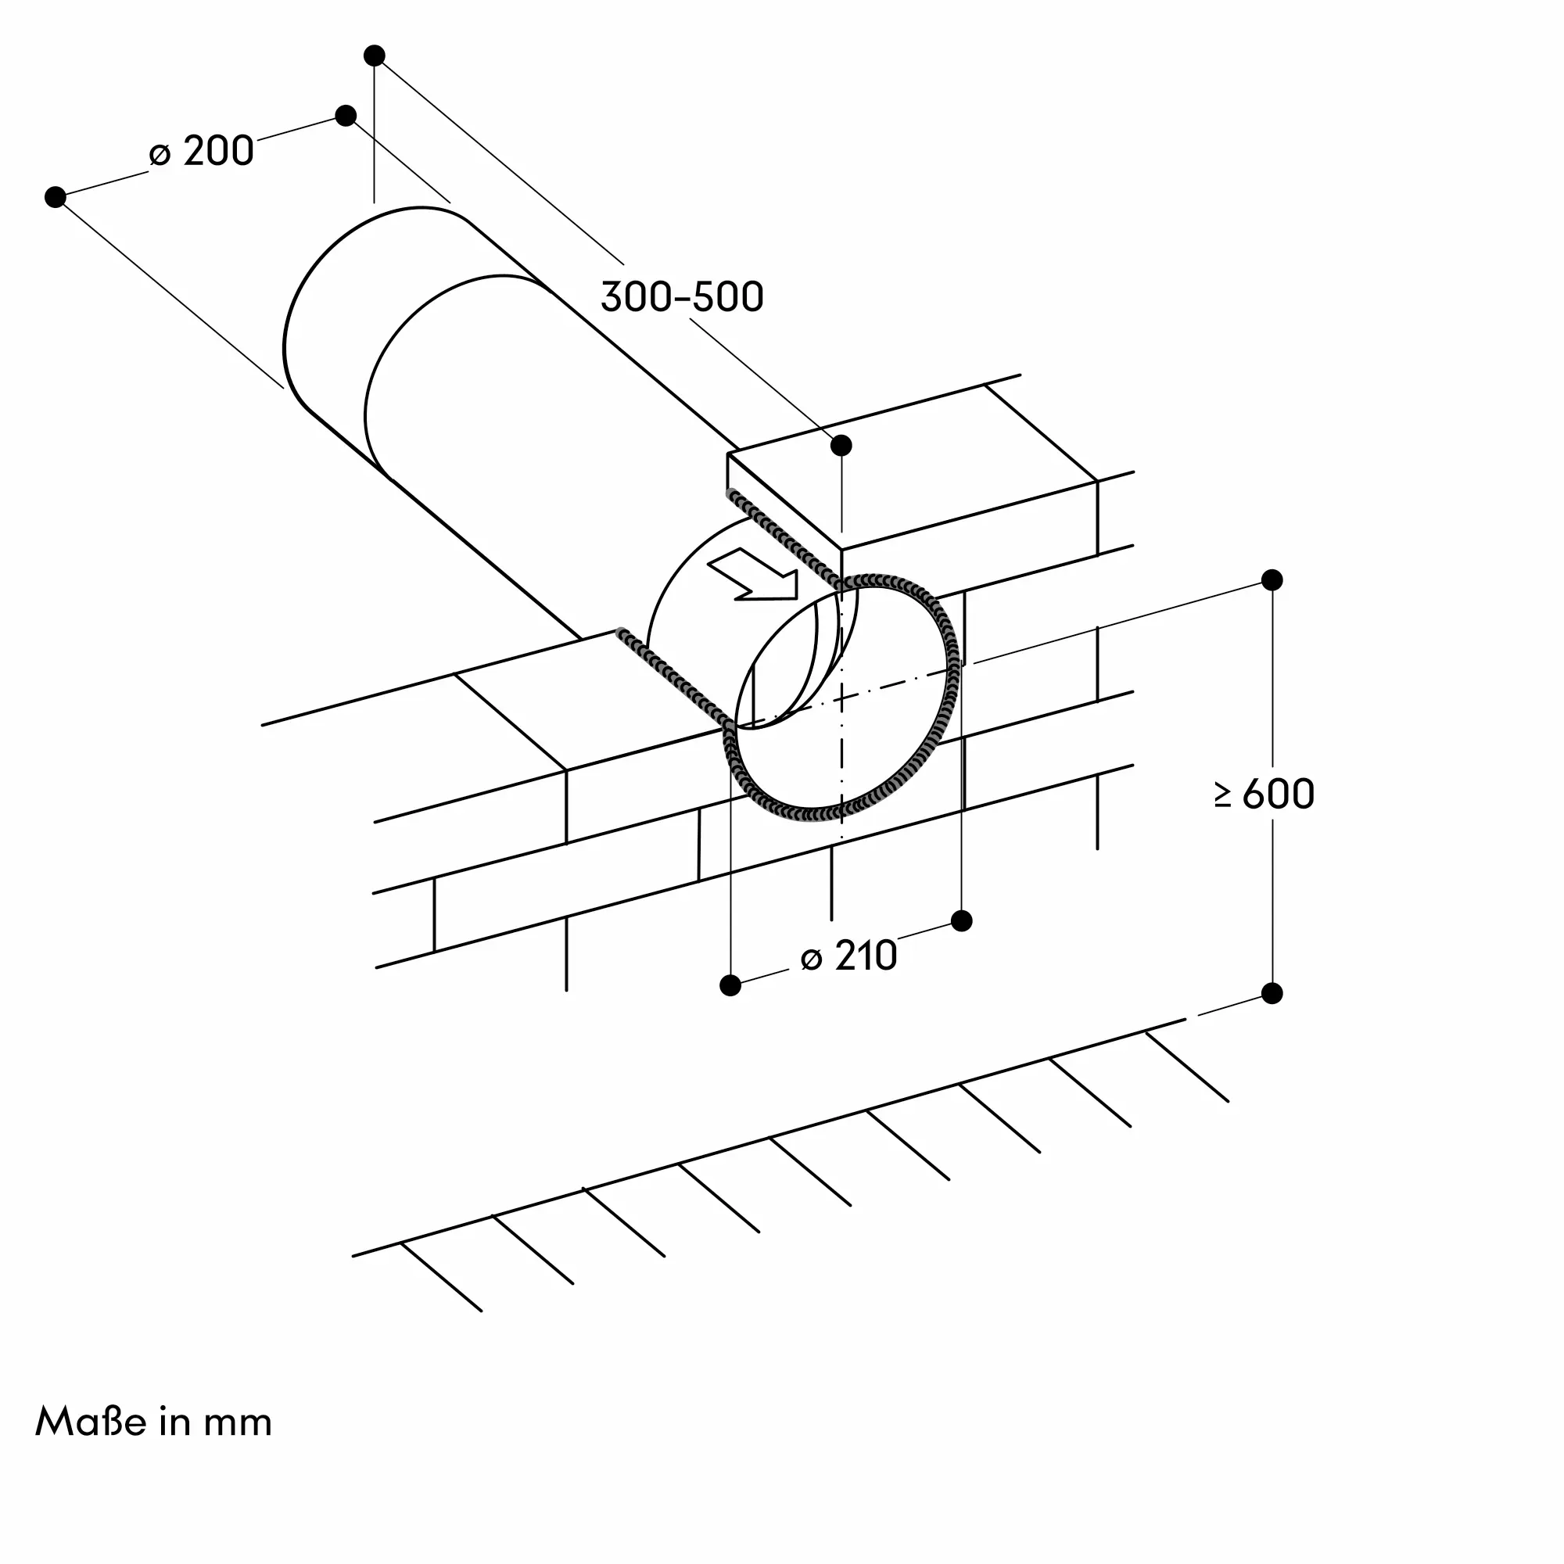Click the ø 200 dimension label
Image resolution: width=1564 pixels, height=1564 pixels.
[202, 152]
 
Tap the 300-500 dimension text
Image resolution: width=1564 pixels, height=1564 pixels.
[683, 297]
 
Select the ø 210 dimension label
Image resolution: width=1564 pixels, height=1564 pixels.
[849, 956]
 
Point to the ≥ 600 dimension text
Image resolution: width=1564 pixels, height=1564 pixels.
[1264, 795]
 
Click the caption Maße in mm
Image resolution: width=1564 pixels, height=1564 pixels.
[154, 1422]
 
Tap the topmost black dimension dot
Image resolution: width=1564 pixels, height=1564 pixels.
[374, 55]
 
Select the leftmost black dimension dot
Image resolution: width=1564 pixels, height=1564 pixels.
[55, 197]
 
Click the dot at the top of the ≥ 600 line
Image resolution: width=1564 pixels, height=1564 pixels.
[1272, 579]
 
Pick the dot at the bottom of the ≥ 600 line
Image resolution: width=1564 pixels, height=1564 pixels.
[1272, 993]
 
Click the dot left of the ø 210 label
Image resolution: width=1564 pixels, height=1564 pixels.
[730, 985]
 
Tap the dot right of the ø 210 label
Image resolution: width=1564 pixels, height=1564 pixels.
[962, 920]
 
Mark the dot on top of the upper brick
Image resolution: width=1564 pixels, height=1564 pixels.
[842, 445]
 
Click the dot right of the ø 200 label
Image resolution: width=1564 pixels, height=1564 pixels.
[346, 115]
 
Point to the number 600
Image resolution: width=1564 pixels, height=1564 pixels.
[1279, 795]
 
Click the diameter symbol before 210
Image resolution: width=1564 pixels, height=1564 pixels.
[811, 960]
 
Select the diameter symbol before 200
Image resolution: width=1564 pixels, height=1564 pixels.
[160, 155]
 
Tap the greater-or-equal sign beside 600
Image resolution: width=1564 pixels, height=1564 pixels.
[1223, 795]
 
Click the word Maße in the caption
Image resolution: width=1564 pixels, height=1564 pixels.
[91, 1422]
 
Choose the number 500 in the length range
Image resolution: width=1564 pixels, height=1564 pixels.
[726, 297]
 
